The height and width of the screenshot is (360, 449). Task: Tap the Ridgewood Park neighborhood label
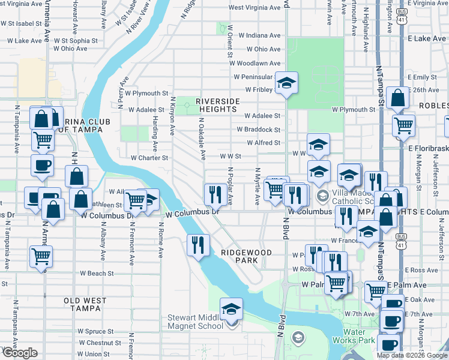(x=239, y=256)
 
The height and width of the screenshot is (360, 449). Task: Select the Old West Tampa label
(x=85, y=304)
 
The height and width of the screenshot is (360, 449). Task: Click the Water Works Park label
(x=358, y=336)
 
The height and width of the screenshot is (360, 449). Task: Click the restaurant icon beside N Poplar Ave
(x=214, y=194)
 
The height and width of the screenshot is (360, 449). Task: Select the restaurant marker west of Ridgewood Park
(x=197, y=244)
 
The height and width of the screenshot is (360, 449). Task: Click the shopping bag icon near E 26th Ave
(x=398, y=98)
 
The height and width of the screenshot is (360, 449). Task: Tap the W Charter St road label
(x=149, y=158)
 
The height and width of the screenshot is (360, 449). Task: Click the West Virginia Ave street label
(x=255, y=8)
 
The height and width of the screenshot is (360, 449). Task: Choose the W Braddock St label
(x=258, y=129)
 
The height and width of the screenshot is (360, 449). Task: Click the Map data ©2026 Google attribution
(x=411, y=355)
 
